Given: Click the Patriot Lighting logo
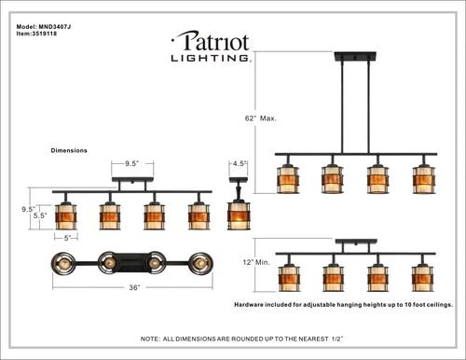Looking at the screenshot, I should (210, 46).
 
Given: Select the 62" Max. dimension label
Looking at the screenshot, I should (264, 118).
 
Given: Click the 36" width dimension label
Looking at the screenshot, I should (134, 288).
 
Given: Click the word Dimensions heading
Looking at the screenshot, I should (69, 149).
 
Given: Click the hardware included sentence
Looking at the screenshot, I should (343, 304).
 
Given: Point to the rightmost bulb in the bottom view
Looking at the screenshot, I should (199, 263).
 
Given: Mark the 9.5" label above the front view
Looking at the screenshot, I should (131, 163).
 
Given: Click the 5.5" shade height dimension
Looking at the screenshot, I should (41, 216).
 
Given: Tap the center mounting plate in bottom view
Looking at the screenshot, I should (132, 261).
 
